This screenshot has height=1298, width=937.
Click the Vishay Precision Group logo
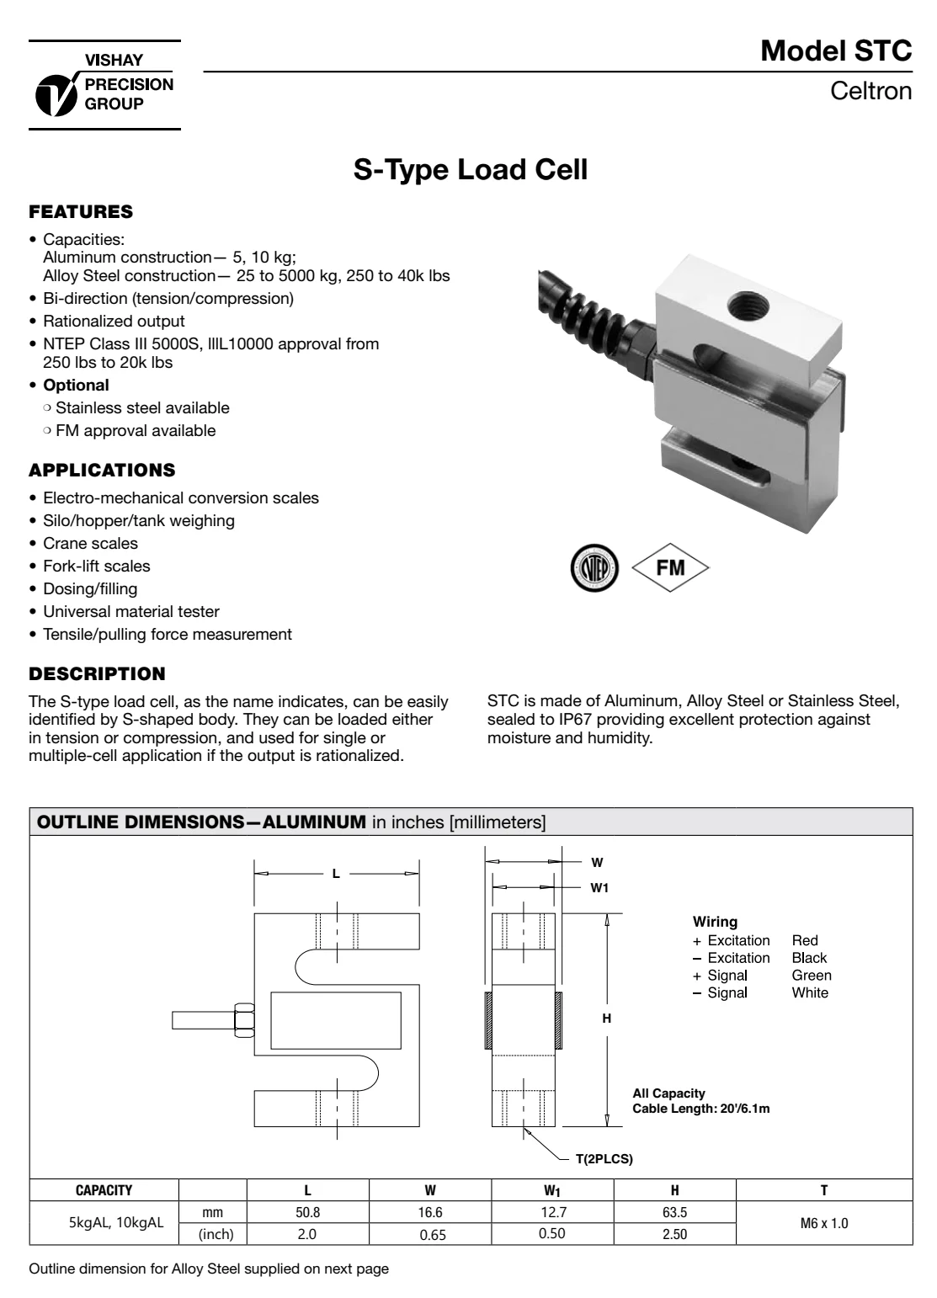coord(104,84)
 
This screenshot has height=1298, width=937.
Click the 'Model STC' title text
coord(835,51)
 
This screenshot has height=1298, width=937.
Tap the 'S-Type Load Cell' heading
coord(469,170)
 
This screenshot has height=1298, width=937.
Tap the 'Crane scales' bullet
coord(90,544)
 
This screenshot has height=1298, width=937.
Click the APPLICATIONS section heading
coord(102,470)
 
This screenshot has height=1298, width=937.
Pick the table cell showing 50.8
coord(307,1213)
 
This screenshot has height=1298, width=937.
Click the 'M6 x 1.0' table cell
coord(823,1223)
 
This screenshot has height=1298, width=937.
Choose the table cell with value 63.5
coord(674,1213)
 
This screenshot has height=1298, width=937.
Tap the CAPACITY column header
coord(104,1190)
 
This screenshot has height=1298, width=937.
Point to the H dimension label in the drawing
coord(606,1019)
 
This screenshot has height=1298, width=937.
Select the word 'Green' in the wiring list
coord(812,976)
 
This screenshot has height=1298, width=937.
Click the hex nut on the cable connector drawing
coord(241,1019)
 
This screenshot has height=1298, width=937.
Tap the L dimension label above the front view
coord(336,874)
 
